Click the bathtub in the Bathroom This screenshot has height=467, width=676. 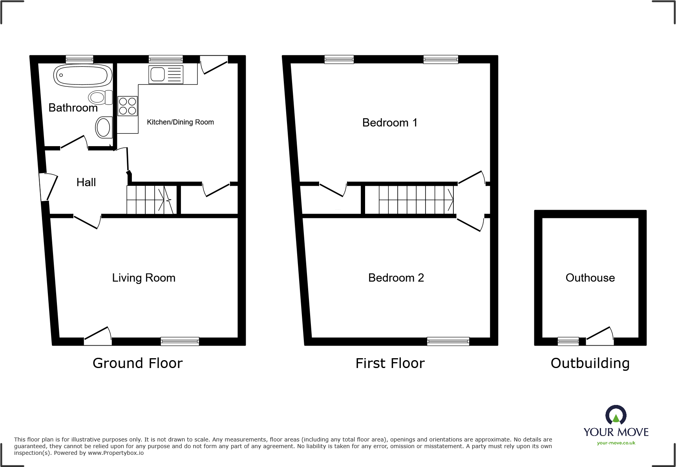pos(83,75)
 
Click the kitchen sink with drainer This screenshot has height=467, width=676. pos(166,74)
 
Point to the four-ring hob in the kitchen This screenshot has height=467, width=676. pos(128,106)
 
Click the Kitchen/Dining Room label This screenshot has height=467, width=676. pos(180,122)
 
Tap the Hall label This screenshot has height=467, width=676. pos(86,182)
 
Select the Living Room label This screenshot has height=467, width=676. pos(144,278)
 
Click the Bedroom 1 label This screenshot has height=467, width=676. pos(389,123)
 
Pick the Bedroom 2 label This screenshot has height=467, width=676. pos(396,278)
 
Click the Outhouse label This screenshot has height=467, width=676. pos(590,278)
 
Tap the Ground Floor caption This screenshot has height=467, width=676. pos(137,363)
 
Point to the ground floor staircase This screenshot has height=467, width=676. pos(151,200)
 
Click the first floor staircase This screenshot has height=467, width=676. pos(415,200)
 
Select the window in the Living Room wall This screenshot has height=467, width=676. pos(180,341)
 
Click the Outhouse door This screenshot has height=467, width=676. pos(600,338)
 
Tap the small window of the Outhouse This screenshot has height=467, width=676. pos(568,341)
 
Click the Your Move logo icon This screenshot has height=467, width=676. pos(616,415)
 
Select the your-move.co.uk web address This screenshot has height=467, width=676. pos(616,443)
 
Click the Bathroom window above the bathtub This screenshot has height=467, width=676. pos(79,59)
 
